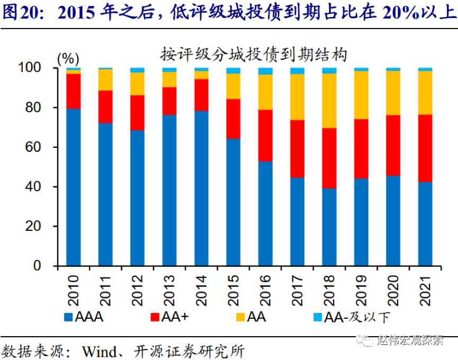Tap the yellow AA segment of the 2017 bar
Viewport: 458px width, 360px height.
tap(298, 97)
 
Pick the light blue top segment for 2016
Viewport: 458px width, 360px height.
tap(265, 71)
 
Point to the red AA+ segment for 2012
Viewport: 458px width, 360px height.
tap(138, 112)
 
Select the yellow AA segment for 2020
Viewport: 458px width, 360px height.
tap(393, 93)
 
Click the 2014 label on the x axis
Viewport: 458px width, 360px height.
tap(202, 289)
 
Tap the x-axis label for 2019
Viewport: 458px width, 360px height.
tap(362, 289)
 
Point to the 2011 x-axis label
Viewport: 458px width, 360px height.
tap(106, 289)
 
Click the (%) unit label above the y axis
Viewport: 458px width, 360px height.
tap(67, 57)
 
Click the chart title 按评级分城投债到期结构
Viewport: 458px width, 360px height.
tap(254, 54)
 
